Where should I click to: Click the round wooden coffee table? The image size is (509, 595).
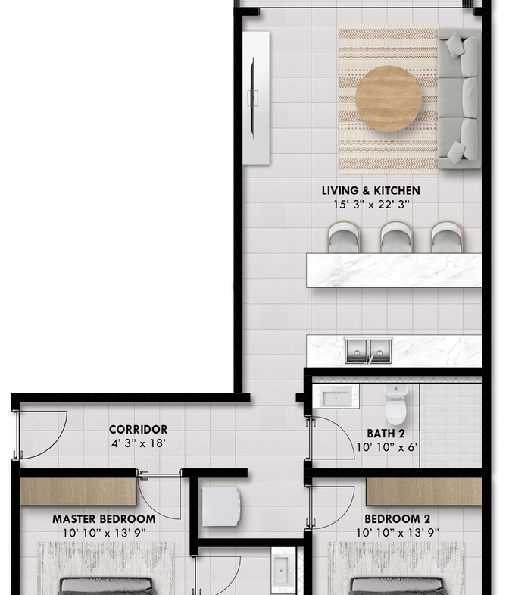(x=389, y=99)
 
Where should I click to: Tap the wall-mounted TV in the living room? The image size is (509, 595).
(x=253, y=99)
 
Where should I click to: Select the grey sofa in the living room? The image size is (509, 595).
(x=460, y=99)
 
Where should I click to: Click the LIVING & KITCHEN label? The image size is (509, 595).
(x=370, y=190)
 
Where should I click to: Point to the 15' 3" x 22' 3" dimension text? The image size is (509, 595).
(x=371, y=205)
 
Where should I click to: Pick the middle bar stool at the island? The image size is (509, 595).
(x=395, y=237)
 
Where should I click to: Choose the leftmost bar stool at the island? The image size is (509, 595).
(x=344, y=237)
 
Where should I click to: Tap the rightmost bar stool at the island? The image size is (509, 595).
(x=447, y=237)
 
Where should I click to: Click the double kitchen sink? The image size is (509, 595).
(x=368, y=351)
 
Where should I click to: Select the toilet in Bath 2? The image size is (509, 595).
(x=395, y=405)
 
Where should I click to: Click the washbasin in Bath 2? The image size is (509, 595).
(x=336, y=397)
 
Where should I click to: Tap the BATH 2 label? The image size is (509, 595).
(x=386, y=434)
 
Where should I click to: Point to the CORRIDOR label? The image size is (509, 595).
(x=138, y=430)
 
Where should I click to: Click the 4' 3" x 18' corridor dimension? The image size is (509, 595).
(x=138, y=443)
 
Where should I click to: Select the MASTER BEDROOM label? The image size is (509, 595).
(x=104, y=518)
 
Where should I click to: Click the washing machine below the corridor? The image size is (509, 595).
(x=221, y=506)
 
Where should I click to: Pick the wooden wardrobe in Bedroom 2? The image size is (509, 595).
(x=424, y=491)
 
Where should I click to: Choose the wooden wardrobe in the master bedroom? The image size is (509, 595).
(x=78, y=491)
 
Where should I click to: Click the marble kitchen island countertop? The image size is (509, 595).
(x=394, y=271)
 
